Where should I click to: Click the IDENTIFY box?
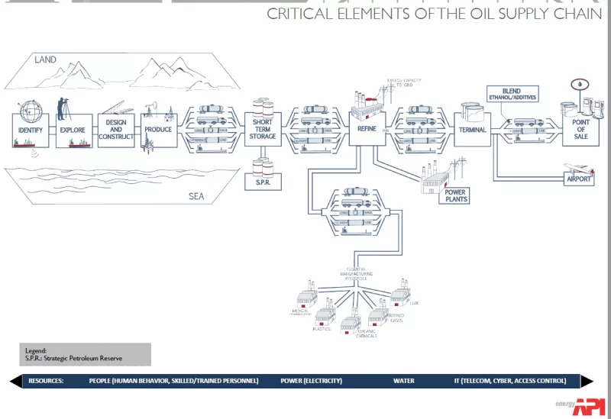pyautogui.click(x=25, y=130)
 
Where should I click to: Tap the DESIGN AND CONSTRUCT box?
pyautogui.click(x=116, y=130)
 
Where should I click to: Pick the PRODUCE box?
pyautogui.click(x=159, y=130)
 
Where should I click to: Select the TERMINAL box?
pyautogui.click(x=473, y=130)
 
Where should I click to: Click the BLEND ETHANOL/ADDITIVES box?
pyautogui.click(x=513, y=94)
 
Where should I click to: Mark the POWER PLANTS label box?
pyautogui.click(x=457, y=195)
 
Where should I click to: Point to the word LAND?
pyautogui.click(x=45, y=60)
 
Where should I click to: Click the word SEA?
pyautogui.click(x=197, y=196)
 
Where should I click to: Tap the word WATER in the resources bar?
pyautogui.click(x=404, y=381)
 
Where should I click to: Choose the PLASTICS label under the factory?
pyautogui.click(x=321, y=329)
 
